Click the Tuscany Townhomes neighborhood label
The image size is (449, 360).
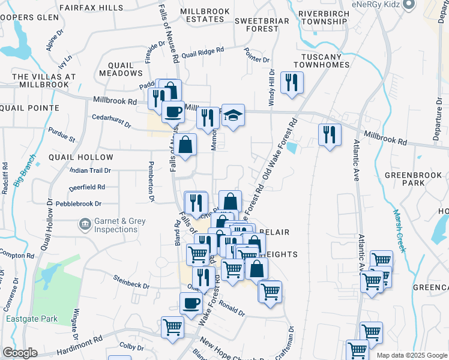321,61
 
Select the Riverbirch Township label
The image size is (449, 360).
323,17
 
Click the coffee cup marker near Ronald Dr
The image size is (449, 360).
191,303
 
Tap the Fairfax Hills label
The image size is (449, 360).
91,8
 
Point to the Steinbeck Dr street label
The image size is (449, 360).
131,281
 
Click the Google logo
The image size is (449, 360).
20,353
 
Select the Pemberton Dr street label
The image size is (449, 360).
152,181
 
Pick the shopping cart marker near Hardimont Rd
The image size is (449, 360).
173,327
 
